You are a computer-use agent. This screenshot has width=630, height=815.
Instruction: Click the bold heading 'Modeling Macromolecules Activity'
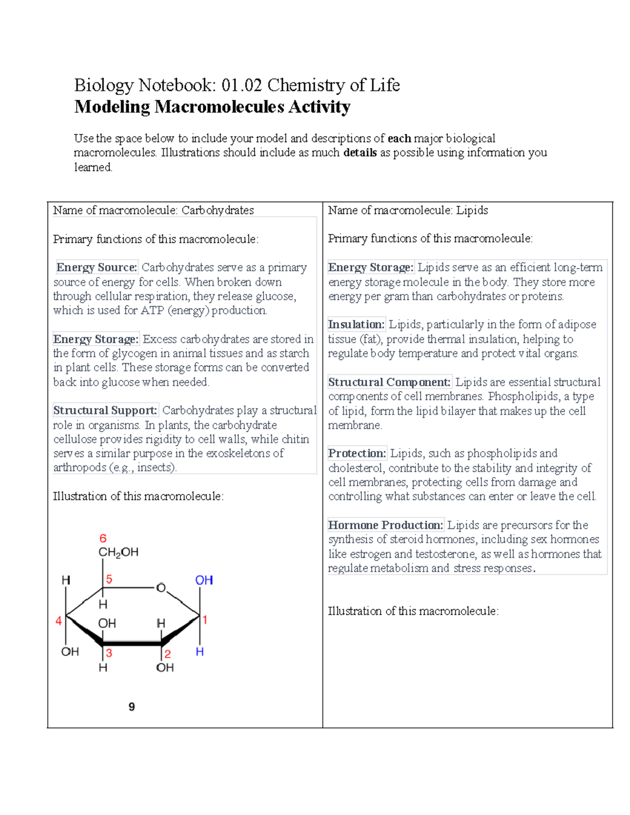(212, 107)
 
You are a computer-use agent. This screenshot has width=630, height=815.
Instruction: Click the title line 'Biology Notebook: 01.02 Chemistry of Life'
(237, 85)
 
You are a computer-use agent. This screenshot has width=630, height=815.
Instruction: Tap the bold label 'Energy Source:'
(97, 268)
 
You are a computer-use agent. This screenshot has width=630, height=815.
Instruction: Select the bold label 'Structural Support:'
(105, 410)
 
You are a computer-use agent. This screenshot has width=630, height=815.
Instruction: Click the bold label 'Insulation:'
(356, 324)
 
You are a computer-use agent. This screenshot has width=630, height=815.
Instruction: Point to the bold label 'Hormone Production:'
(385, 525)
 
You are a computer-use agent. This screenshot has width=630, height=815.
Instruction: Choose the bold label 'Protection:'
(357, 453)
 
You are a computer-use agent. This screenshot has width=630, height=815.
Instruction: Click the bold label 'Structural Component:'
(389, 382)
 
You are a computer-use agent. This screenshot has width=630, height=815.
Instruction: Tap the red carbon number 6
(103, 538)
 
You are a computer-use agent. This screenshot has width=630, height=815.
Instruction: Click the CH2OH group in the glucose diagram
(118, 552)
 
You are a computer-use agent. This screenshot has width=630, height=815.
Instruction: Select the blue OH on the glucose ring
(204, 580)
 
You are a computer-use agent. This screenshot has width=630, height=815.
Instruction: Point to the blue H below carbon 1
(199, 652)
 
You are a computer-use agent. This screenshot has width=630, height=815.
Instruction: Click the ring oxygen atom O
(161, 588)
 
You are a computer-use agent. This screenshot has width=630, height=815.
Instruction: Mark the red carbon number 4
(59, 621)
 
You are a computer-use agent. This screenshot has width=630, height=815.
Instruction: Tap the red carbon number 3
(109, 653)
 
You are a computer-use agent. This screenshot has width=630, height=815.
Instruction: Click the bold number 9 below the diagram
(132, 707)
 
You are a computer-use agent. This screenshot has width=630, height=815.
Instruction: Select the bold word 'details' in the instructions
(360, 153)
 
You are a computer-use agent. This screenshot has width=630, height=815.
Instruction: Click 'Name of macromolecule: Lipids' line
(408, 210)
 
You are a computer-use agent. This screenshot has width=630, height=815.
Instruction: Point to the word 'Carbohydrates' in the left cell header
(217, 210)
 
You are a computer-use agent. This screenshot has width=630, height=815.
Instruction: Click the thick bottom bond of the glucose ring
(132, 643)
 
